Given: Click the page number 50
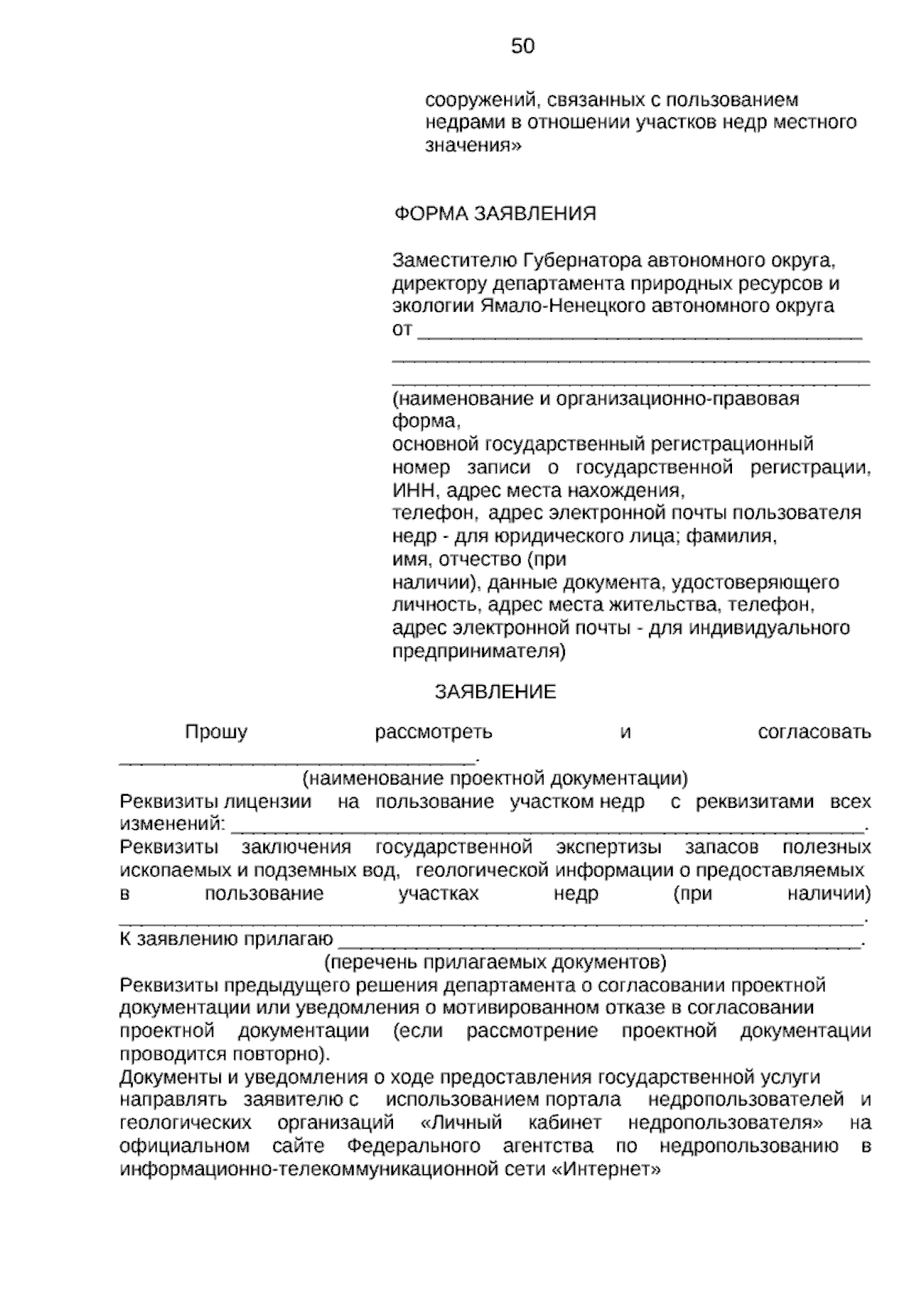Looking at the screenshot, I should click(523, 47).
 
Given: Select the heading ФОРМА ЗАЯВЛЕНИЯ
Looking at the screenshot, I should click(495, 214).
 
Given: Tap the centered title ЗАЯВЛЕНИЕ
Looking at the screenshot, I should click(495, 692).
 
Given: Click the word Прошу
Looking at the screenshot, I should click(216, 732).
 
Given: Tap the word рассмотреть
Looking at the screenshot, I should click(434, 732).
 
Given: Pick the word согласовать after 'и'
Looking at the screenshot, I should click(814, 732).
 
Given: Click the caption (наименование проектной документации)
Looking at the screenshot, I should click(495, 779).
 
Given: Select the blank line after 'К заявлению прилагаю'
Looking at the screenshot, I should click(599, 941).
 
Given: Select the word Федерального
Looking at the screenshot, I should click(414, 1146).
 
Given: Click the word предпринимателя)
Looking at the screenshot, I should click(479, 652).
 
